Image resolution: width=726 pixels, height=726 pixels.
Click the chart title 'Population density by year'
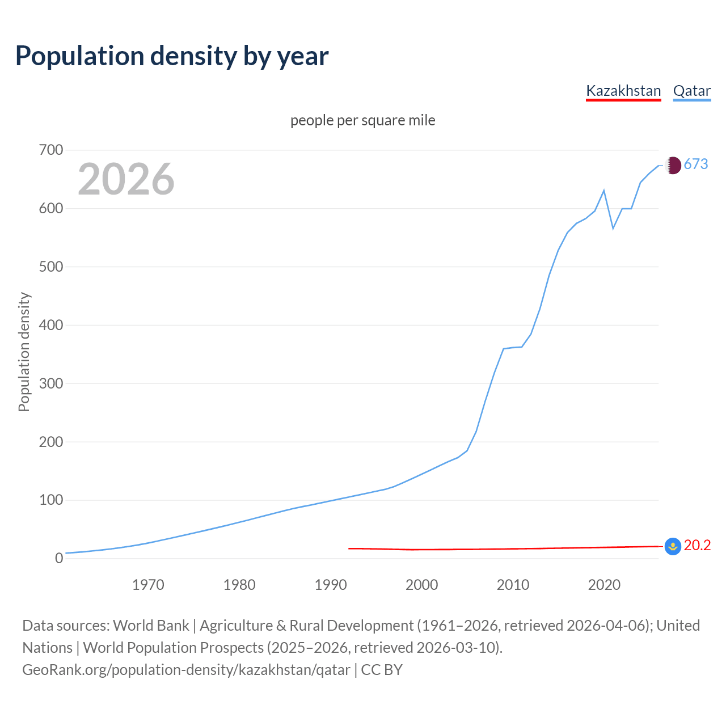click(172, 56)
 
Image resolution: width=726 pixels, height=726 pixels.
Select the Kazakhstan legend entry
click(623, 91)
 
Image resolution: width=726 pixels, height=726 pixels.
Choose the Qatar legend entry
click(691, 91)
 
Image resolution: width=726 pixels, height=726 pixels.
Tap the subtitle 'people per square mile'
click(362, 121)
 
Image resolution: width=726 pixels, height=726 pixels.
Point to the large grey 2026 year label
click(126, 179)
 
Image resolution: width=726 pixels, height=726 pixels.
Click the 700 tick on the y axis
click(51, 150)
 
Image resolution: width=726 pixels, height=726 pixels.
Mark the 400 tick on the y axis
click(51, 326)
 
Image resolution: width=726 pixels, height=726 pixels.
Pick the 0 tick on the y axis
click(59, 559)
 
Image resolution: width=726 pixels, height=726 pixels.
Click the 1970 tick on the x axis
click(148, 585)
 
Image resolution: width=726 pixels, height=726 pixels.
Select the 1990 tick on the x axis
click(331, 585)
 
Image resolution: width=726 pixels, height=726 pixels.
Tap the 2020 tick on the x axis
click(604, 585)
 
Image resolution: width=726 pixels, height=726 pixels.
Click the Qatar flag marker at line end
click(673, 165)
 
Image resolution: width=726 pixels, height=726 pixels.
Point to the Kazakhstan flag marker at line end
click(673, 547)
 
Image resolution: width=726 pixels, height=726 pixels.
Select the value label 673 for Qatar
click(696, 164)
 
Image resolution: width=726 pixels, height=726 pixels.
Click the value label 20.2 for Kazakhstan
click(697, 546)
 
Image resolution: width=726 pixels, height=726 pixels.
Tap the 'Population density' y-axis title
click(24, 352)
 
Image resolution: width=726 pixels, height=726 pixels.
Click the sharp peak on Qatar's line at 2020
click(604, 191)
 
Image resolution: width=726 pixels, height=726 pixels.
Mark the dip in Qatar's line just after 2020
click(613, 229)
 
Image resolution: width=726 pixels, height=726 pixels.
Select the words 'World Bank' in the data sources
click(151, 626)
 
